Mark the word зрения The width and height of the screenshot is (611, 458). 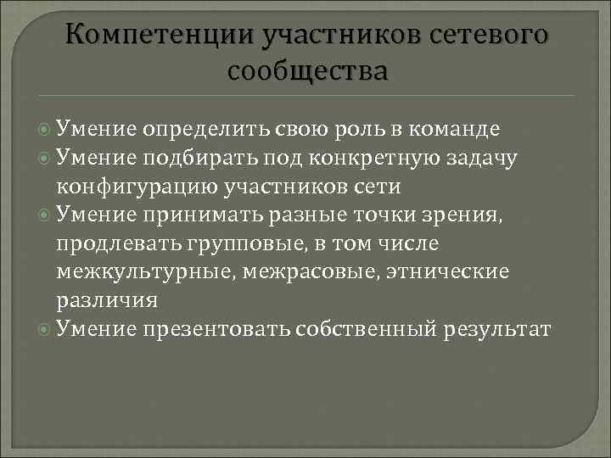pos(470,215)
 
